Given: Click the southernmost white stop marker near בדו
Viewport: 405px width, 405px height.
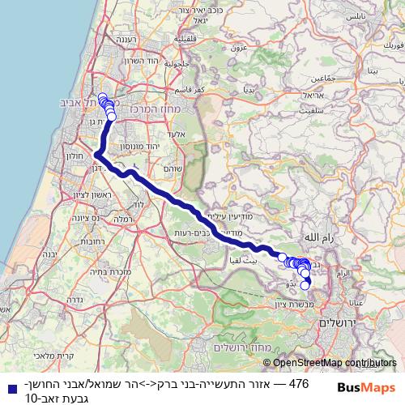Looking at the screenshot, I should click(305, 284).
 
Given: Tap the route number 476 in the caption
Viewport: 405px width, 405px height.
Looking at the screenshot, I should click(299, 385).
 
